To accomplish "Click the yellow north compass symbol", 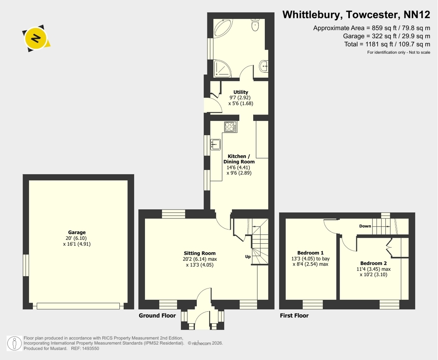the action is (x=36, y=38).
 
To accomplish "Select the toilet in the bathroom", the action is (x=255, y=24).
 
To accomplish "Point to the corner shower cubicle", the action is (x=222, y=68).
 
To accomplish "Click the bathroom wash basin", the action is (x=264, y=66).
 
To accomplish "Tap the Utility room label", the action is (x=240, y=92).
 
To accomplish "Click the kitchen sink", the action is (x=216, y=145).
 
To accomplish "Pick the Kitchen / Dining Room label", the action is (x=239, y=159).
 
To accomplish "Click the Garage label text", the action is (x=77, y=232).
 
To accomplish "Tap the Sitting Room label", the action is (x=200, y=253).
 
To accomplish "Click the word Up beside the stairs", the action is (x=248, y=257).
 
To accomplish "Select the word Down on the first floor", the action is (x=365, y=226).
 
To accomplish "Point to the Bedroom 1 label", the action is (x=311, y=253).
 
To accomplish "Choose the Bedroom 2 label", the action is (x=373, y=263).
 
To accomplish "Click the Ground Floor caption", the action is (x=157, y=315).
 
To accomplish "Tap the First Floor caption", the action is (x=294, y=315).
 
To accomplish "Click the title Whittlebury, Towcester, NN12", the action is (x=356, y=15).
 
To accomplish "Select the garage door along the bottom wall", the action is (x=78, y=306).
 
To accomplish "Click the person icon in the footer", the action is (x=14, y=343).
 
